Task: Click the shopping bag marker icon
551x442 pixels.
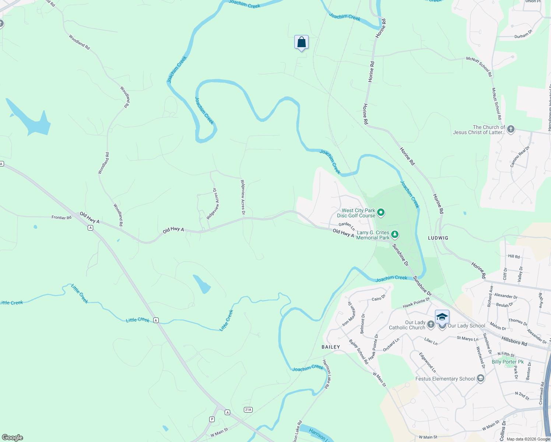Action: [301, 42]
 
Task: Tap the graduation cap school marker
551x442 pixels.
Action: [442, 317]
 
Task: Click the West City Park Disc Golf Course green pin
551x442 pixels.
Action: [381, 213]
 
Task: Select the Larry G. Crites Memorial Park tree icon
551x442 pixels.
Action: [394, 234]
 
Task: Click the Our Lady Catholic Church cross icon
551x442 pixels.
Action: [431, 325]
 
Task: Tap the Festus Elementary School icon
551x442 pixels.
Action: [480, 378]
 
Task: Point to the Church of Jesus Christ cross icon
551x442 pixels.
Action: [510, 129]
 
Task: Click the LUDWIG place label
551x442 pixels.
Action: [438, 238]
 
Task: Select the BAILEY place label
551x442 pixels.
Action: [331, 347]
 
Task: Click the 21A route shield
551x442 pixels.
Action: [248, 410]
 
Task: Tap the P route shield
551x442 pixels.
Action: [212, 419]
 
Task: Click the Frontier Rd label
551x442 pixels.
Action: [62, 218]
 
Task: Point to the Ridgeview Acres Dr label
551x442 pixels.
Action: [242, 197]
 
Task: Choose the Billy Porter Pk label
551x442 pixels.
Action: [508, 362]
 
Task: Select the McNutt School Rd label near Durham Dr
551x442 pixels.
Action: [479, 66]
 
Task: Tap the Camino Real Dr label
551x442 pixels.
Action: [520, 157]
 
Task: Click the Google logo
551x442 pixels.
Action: [13, 437]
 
